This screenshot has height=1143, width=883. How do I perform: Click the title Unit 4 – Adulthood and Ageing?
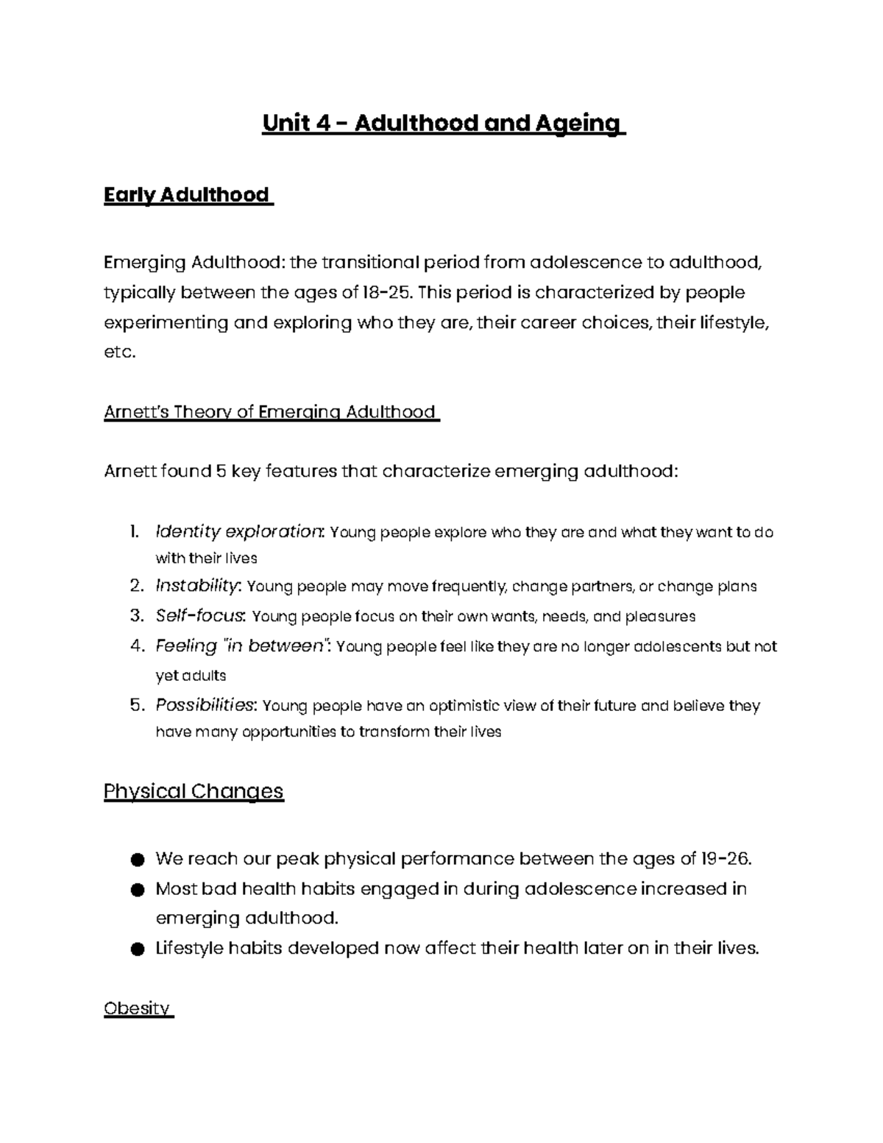[442, 123]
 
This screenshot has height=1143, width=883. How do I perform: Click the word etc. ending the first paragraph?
[120, 353]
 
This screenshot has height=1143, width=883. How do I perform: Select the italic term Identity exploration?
[239, 531]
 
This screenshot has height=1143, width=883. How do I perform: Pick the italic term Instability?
[197, 587]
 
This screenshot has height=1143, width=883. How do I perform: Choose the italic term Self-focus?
[202, 616]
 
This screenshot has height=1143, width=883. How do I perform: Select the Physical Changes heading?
[194, 791]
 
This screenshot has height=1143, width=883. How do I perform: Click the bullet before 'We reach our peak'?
[135, 860]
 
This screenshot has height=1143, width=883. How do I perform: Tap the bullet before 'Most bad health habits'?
[135, 890]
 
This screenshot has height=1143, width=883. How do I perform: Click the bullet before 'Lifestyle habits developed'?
[135, 949]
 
